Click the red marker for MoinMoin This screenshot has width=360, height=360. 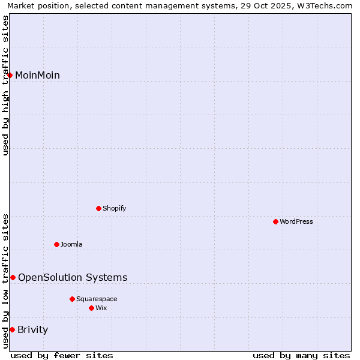tap(10, 75)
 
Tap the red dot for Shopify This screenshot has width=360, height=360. tap(99, 208)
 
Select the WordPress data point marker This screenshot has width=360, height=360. tap(276, 221)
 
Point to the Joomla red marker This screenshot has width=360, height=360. tap(57, 244)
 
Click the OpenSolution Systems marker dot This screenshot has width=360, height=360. tap(13, 277)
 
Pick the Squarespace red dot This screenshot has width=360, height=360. tap(73, 299)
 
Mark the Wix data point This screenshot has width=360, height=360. tap(92, 308)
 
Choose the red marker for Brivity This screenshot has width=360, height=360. tap(12, 329)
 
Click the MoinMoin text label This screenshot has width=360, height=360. tap(37, 75)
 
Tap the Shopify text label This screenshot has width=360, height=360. tap(114, 208)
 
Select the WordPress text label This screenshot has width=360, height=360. tap(296, 221)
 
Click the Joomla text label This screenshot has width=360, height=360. tap(71, 244)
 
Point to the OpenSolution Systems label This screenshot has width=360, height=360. tap(73, 277)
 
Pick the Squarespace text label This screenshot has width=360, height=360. tap(97, 299)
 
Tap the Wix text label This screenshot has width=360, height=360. tap(101, 308)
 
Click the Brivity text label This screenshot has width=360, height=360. tap(33, 329)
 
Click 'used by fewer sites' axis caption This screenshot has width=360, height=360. tap(62, 355)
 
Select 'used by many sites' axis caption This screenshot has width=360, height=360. tap(301, 355)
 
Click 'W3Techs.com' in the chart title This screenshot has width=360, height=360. tap(328, 6)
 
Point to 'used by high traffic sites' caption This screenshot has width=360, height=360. tap(6, 85)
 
